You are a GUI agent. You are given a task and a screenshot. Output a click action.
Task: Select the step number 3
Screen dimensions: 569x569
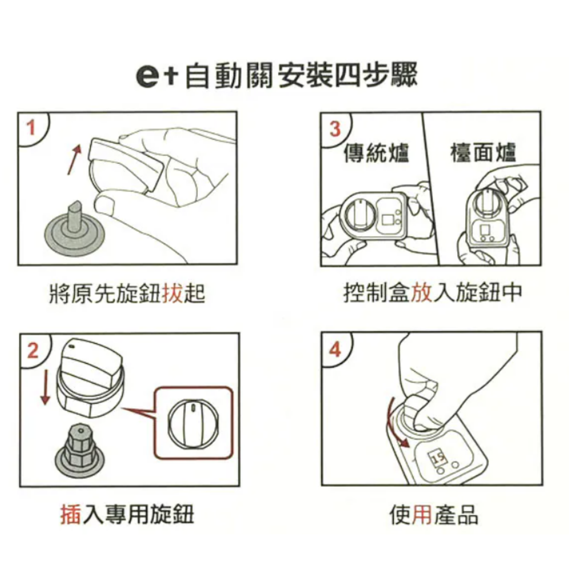335,129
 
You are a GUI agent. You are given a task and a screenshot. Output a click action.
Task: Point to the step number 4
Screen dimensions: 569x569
335,350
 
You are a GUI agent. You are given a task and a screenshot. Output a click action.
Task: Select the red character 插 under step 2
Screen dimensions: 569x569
71,515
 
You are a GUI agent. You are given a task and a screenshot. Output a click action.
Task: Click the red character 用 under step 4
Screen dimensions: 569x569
422,516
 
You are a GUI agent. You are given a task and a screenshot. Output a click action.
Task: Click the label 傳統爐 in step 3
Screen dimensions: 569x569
376,152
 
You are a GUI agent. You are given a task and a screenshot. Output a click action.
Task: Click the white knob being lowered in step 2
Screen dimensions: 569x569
91,377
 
